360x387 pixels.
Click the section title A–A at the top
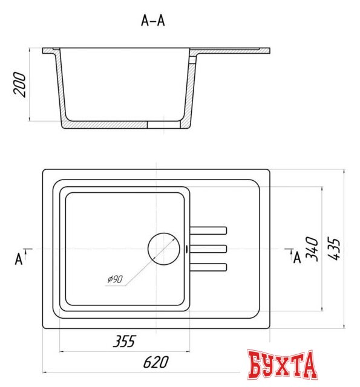click(152, 21)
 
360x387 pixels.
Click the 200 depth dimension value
click(20, 86)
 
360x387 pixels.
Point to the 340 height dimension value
click(312, 249)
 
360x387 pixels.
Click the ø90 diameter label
click(114, 279)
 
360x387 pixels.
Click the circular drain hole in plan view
click(165, 249)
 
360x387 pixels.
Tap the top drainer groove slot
click(209, 230)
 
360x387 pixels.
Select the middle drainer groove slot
click(209, 249)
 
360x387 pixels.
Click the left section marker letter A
click(19, 260)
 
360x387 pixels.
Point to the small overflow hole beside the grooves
click(187, 249)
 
